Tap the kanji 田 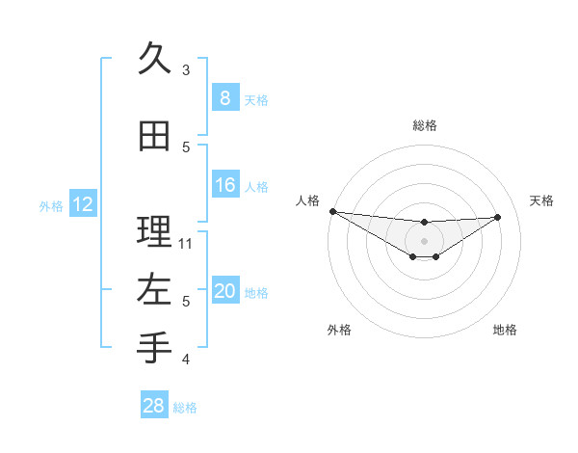pos(154,137)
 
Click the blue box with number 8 pos(224,97)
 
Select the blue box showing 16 pos(224,185)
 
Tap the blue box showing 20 pos(224,291)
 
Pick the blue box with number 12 pos(82,204)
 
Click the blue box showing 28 pos(153,406)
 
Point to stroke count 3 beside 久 pos(186,69)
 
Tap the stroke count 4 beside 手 pos(186,360)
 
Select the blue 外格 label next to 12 pos(51,205)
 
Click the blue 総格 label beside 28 pos(185,408)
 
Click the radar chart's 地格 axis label pos(505,330)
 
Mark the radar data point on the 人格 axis pos(332,211)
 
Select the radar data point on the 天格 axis pos(498,217)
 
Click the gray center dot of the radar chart pos(424,241)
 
